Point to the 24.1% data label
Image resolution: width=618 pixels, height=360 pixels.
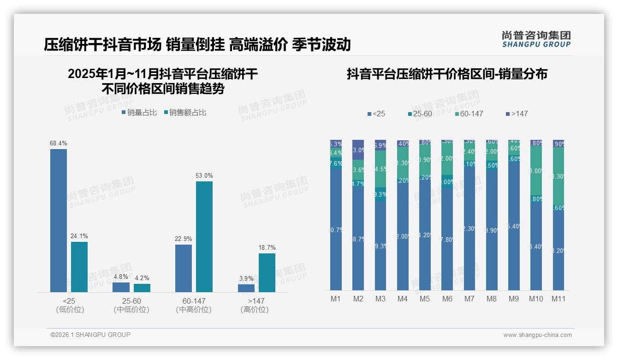79,236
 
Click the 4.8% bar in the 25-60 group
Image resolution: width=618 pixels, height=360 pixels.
121,287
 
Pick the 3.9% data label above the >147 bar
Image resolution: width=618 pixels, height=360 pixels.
246,278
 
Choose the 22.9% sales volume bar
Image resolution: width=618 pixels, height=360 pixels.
184,268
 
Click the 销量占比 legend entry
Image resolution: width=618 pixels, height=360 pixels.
139,113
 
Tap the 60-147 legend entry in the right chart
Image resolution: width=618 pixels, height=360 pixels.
469,114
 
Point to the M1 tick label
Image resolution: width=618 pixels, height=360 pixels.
336,299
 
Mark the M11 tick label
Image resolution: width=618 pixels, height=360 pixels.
558,299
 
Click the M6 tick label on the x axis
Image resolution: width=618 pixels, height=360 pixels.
447,299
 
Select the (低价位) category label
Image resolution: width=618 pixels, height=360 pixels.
70,310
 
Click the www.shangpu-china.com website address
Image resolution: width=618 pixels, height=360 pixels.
537,335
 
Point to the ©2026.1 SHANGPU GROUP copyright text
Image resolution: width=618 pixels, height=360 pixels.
90,335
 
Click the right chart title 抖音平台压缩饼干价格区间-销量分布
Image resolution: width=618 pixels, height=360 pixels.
447,74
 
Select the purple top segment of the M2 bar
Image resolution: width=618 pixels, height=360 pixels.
358,150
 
